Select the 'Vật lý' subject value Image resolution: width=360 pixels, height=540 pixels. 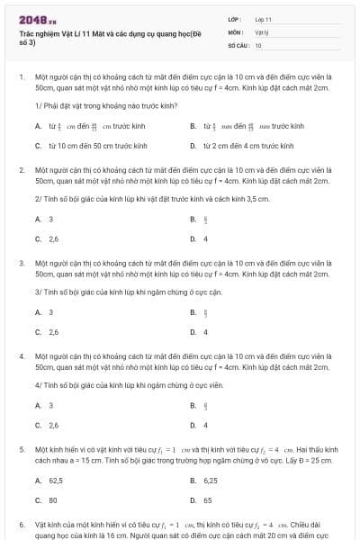261,31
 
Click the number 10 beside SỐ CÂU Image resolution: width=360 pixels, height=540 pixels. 258,44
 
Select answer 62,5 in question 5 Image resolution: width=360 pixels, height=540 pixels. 55,481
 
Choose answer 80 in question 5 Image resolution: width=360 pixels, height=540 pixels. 53,499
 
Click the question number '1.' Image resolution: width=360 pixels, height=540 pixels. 21,77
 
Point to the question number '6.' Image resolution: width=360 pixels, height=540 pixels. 21,523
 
